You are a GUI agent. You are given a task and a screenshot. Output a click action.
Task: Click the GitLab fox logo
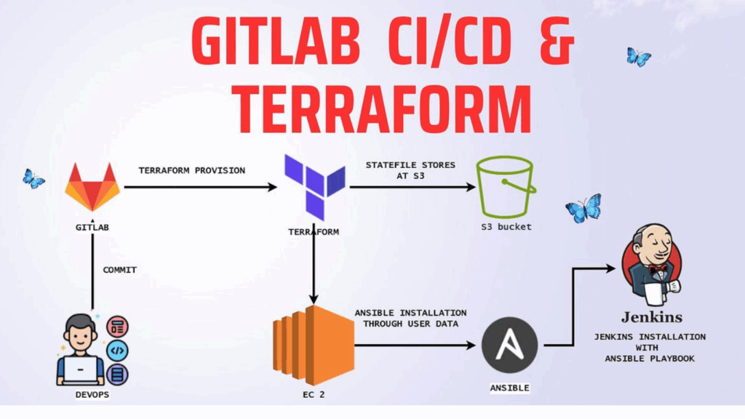click(x=92, y=187)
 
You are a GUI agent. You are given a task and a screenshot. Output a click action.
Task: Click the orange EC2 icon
click(x=313, y=346)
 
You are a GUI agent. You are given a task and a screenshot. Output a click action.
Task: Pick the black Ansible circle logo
click(x=510, y=346)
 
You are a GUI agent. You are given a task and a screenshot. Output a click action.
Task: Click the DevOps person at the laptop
click(x=80, y=349)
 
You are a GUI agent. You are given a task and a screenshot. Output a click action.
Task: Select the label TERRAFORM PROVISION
click(x=192, y=170)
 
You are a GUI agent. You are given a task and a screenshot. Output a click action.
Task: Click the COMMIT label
click(x=119, y=270)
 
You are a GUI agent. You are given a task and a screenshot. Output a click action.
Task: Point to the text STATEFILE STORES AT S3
click(x=410, y=170)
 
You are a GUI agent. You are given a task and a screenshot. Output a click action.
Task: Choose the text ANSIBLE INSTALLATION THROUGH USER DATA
click(x=410, y=318)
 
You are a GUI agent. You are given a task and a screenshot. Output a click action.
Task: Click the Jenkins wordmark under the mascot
click(x=651, y=317)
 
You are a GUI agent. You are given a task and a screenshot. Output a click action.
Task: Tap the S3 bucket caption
click(x=506, y=227)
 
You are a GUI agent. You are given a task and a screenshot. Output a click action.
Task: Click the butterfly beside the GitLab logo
click(x=33, y=178)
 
